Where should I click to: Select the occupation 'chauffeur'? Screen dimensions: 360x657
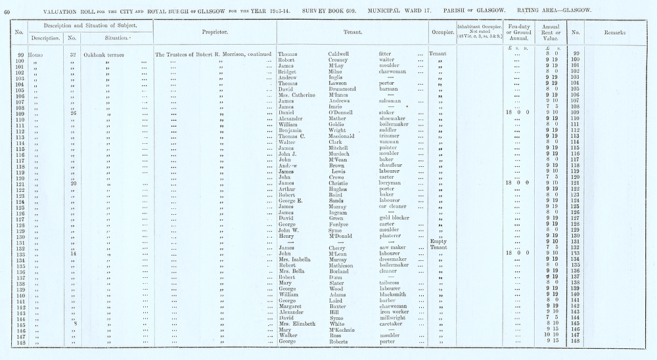point(393,166)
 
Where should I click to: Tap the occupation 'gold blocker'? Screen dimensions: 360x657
point(396,217)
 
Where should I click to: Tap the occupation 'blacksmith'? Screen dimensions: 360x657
point(396,294)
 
